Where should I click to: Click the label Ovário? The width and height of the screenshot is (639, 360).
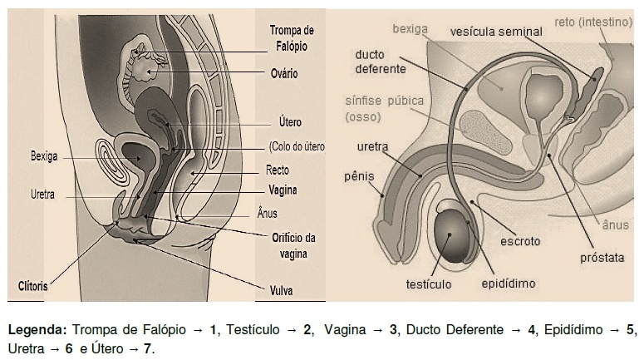pos(284,74)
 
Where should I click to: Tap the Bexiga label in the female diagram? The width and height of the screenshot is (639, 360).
pos(44,156)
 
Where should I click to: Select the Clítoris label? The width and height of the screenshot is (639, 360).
pos(33,286)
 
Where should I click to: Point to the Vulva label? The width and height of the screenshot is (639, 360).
pos(281,291)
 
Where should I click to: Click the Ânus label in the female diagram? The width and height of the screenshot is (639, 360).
pos(267,213)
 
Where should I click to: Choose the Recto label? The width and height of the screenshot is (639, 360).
pos(278,170)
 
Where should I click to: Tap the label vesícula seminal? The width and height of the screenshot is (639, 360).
pos(496,32)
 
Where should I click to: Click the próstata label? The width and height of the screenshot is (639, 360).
pos(602,258)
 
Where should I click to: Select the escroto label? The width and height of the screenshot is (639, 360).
pos(520,241)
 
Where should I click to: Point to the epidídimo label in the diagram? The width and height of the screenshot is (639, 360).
pos(509,284)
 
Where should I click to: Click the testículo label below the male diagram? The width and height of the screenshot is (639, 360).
pos(429,284)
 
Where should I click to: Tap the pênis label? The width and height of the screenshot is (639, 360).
pos(359,176)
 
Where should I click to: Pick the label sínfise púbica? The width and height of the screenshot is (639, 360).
pos(384,101)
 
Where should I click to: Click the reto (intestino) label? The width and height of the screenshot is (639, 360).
pos(593,22)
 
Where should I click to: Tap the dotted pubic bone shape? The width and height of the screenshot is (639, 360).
pos(486,132)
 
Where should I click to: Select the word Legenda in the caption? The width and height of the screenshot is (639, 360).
pos(37,330)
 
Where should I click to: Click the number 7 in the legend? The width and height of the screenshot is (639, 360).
pos(147,349)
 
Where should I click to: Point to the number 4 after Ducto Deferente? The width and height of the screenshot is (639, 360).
pos(531,329)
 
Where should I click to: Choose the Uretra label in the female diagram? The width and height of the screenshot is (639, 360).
pos(42,195)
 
